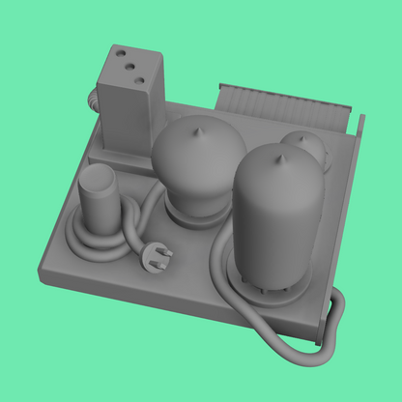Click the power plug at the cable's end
(x=158, y=256)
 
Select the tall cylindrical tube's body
(x=275, y=217)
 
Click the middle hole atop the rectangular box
(x=128, y=69)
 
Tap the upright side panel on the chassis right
(x=352, y=193)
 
